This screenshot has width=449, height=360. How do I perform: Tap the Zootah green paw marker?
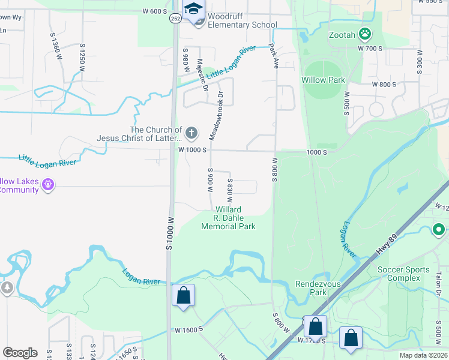click(364, 33)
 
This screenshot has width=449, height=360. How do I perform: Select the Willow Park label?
click(323, 80)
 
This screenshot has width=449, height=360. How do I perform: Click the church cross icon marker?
click(191, 132)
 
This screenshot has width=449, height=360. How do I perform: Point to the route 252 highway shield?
click(174, 18)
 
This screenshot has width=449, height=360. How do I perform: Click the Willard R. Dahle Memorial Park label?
click(228, 218)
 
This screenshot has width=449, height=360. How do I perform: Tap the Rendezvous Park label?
click(310, 289)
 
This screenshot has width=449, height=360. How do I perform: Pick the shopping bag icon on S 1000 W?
click(184, 296)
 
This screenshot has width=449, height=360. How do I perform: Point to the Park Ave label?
click(274, 56)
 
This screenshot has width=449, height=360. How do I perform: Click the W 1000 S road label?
click(192, 149)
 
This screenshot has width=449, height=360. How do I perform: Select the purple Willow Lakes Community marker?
click(48, 185)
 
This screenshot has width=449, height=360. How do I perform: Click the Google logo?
click(20, 352)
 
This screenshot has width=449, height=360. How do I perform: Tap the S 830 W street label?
click(229, 190)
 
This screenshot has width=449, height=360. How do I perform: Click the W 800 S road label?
click(384, 85)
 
